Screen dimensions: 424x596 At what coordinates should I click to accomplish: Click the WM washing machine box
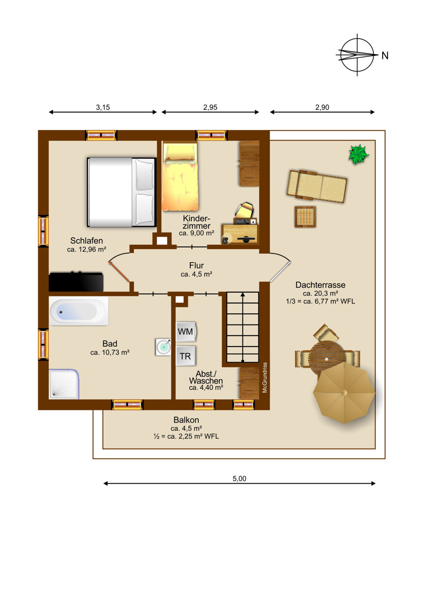tap(186, 331)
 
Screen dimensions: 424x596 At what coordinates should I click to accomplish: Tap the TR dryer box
tap(185, 356)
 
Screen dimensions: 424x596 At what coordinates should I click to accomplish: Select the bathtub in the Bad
tap(79, 311)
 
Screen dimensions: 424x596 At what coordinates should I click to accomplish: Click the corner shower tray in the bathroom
tap(64, 384)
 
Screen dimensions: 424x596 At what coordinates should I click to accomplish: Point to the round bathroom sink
tap(163, 347)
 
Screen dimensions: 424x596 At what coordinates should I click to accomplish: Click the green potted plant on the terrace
tap(359, 154)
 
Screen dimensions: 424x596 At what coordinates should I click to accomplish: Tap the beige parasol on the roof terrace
tap(344, 393)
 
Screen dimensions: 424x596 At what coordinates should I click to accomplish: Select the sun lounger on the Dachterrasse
tap(317, 186)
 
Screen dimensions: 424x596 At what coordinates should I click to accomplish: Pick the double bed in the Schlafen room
tap(121, 192)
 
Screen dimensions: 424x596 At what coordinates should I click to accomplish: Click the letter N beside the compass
tap(385, 55)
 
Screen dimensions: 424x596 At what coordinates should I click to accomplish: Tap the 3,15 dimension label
tap(103, 107)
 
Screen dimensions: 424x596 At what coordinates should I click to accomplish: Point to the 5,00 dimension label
tap(239, 479)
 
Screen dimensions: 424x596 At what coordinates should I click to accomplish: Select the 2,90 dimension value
tap(322, 107)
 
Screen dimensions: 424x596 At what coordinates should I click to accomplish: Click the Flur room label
tap(197, 265)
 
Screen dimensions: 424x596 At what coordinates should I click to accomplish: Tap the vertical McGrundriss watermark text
tap(265, 377)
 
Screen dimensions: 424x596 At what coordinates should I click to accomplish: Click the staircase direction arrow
tap(242, 327)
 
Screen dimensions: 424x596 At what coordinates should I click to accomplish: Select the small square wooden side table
tap(305, 217)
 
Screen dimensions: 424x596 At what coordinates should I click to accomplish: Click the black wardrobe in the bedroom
tap(76, 281)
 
